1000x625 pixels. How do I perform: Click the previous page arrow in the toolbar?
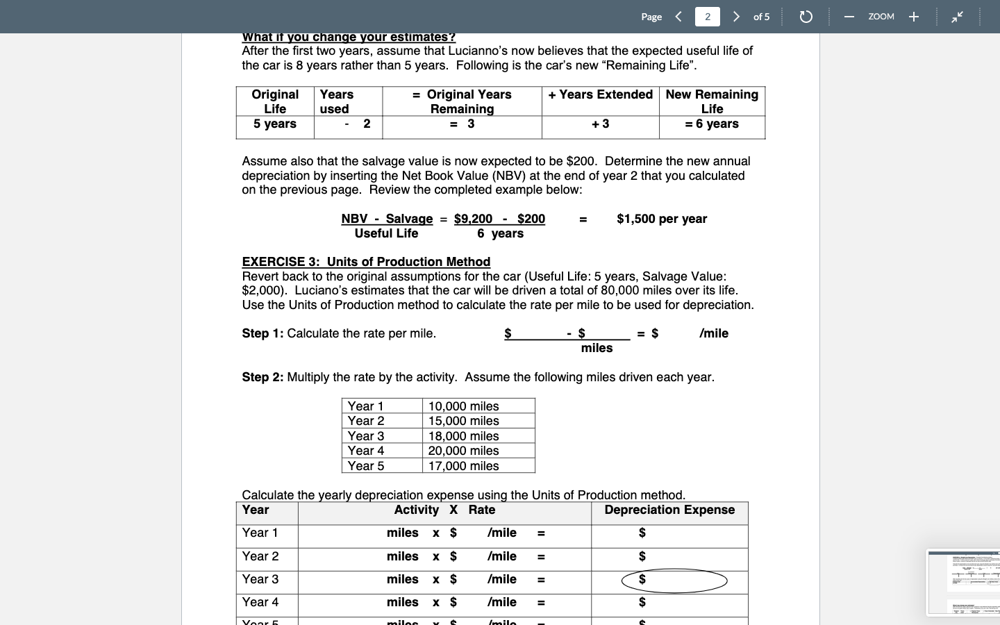pos(678,17)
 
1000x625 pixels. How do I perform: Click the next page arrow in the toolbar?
pos(736,17)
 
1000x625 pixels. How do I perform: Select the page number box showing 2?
pos(707,17)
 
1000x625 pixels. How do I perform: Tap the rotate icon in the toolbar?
pos(806,17)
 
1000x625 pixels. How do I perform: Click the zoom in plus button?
pos(914,17)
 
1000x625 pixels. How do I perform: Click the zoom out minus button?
pos(849,17)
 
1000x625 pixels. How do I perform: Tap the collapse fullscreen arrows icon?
pos(957,17)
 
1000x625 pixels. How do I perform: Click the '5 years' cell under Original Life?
pos(275,124)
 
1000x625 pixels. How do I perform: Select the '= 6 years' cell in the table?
pos(712,124)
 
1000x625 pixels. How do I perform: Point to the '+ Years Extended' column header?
pos(600,95)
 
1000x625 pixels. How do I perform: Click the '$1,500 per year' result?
pos(662,219)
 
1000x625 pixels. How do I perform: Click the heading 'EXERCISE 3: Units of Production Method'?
pos(366,262)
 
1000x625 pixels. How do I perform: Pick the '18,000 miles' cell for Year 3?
pos(463,436)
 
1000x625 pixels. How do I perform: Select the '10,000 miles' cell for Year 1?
pos(463,406)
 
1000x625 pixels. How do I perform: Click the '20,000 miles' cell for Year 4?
pos(463,451)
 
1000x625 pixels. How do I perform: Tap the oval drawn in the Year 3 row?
pos(674,581)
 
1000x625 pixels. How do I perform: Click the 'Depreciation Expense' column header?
pos(669,510)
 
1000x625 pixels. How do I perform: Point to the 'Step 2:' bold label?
pos(262,378)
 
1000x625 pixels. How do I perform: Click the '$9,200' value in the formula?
pos(473,219)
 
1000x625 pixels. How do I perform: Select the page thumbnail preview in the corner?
pos(964,583)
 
